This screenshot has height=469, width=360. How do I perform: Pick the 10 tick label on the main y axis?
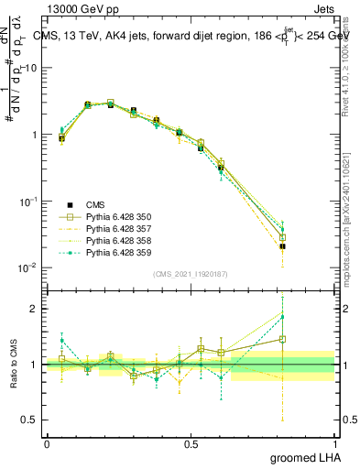pyautogui.click(x=30, y=68)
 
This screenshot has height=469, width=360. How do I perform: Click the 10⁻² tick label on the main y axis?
pyautogui.click(x=28, y=267)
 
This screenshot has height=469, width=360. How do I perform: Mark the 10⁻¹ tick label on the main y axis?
pyautogui.click(x=28, y=201)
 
